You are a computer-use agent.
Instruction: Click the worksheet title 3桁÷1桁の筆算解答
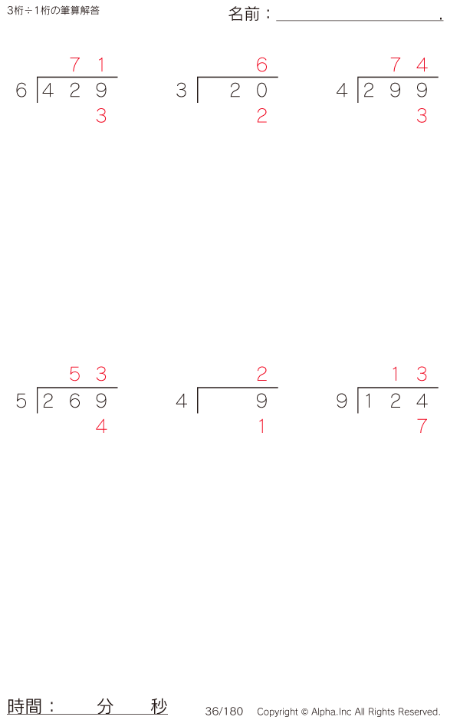coord(53,11)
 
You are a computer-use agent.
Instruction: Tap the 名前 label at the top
coord(245,14)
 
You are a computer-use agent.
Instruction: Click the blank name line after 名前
coord(358,15)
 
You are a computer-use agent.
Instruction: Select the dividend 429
coord(74,91)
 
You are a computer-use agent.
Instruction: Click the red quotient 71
coord(87,65)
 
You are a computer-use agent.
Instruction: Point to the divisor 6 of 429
coord(21,91)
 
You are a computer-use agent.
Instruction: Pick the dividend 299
coord(395,91)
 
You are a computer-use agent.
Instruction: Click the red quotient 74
coord(409,65)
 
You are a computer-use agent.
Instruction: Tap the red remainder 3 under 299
coord(422,116)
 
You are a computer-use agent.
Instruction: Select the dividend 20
coord(248,91)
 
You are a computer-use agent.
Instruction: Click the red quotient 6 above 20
coord(262,65)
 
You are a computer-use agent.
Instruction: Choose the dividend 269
coord(74,401)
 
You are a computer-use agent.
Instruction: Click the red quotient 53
coord(87,375)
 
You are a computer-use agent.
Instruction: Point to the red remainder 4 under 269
coord(101,426)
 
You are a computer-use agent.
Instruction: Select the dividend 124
coord(395,401)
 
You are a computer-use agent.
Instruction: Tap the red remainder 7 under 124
coord(422,426)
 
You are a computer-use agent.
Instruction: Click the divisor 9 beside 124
coord(342,401)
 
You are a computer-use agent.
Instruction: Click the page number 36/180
coord(224,712)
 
